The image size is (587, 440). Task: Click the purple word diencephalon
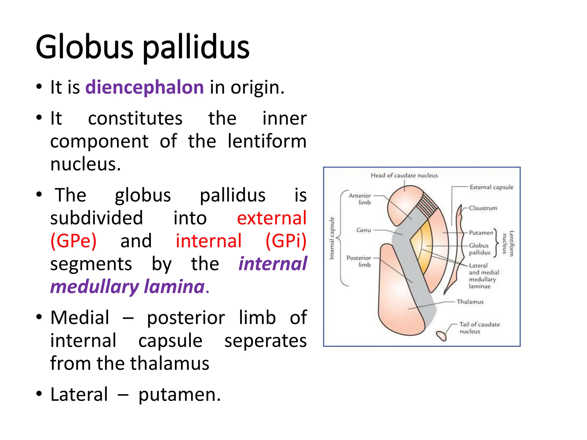click(x=144, y=87)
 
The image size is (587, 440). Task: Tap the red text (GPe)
click(x=73, y=241)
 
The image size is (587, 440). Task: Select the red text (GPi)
click(x=286, y=241)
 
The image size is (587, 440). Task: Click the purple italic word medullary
click(x=95, y=287)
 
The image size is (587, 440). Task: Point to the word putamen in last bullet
click(x=179, y=395)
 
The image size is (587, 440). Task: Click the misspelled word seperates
click(x=265, y=341)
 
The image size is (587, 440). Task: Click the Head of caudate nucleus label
click(x=404, y=175)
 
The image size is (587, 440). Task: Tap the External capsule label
click(x=491, y=187)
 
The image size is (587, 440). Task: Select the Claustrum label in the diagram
click(x=483, y=208)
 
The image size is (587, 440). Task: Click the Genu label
click(x=363, y=230)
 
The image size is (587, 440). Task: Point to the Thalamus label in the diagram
click(x=470, y=302)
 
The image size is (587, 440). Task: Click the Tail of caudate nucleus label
click(x=479, y=328)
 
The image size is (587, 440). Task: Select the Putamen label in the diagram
click(x=481, y=233)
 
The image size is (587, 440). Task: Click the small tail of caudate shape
click(x=441, y=335)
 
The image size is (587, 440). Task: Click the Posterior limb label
click(x=359, y=261)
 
